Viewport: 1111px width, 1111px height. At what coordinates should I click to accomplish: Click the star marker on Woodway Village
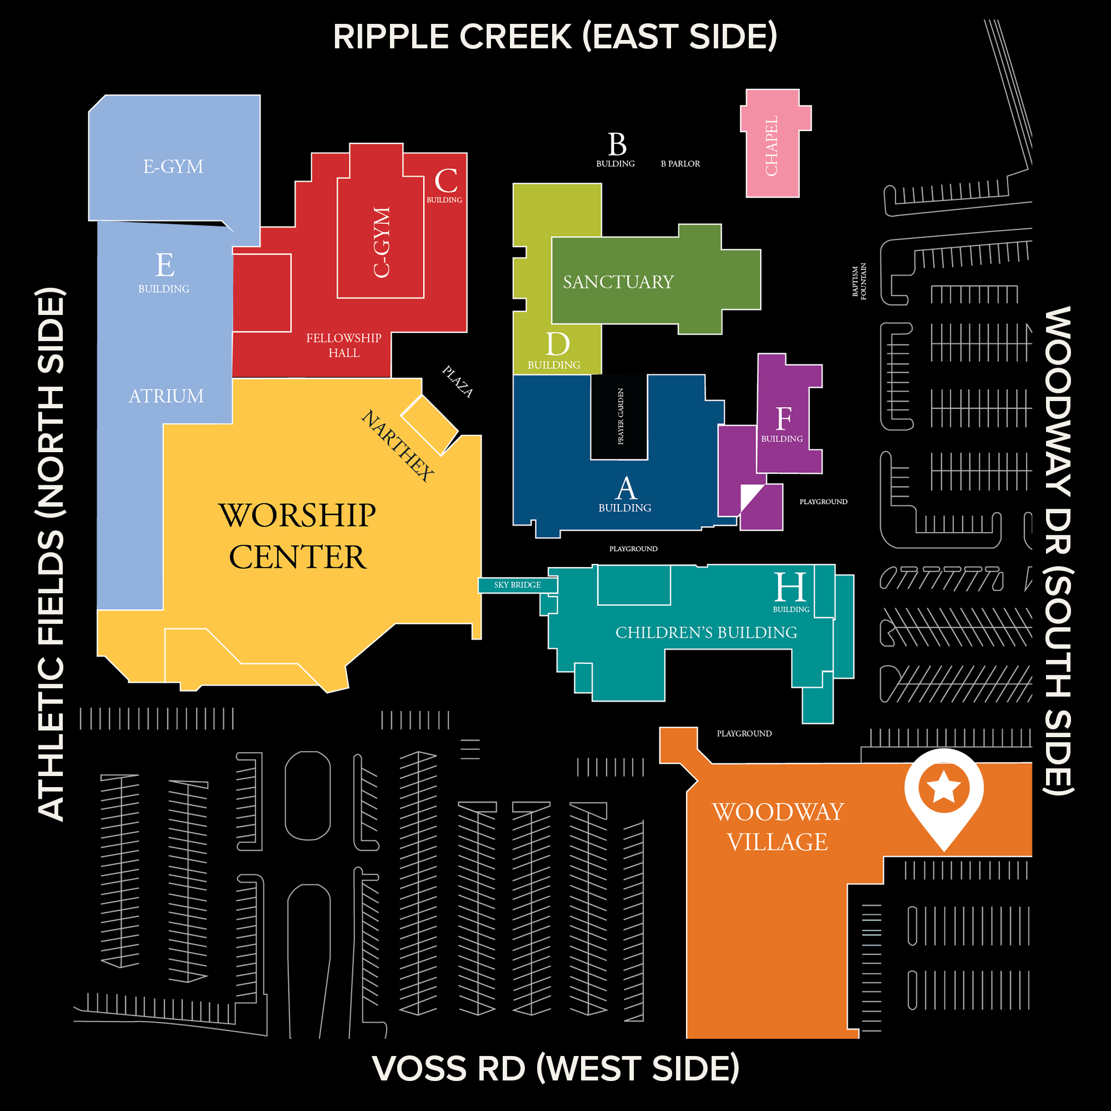point(943,787)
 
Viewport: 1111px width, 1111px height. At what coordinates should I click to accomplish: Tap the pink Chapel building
point(772,146)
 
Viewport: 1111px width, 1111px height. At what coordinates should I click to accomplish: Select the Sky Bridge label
point(517,585)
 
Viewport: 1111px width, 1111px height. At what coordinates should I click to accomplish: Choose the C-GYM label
point(381,242)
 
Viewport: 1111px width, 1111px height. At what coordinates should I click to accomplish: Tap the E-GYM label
point(173,167)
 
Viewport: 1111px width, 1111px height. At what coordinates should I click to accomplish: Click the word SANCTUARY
point(618,282)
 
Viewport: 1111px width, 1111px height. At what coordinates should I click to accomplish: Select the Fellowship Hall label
point(343,345)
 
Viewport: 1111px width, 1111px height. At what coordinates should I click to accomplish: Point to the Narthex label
point(397,445)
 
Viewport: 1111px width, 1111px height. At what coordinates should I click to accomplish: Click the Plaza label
point(457,381)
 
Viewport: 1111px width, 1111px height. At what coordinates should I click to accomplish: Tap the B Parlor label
point(680,164)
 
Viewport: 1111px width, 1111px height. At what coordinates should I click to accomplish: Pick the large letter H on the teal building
point(790,587)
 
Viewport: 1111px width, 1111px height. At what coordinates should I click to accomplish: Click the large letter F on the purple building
point(783,419)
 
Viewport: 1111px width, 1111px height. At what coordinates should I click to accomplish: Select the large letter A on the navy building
point(625,489)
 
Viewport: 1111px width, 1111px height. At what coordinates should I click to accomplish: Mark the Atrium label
point(166,396)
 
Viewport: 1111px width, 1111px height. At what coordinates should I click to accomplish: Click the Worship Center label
point(297,536)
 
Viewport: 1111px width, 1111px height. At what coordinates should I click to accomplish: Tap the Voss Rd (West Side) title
point(555,1068)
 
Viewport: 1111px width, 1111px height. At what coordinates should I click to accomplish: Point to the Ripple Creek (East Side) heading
point(555,37)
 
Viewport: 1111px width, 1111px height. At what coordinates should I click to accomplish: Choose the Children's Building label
point(706,633)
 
